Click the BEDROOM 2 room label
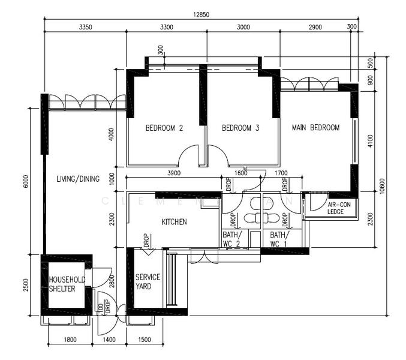[164, 128]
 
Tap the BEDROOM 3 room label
[240, 128]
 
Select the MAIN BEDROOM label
[315, 127]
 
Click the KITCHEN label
[174, 222]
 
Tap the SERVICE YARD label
[148, 281]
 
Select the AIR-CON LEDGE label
[339, 208]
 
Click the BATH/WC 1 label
[278, 239]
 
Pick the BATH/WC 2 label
[231, 239]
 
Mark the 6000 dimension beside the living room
[26, 181]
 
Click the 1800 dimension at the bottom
[70, 340]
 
